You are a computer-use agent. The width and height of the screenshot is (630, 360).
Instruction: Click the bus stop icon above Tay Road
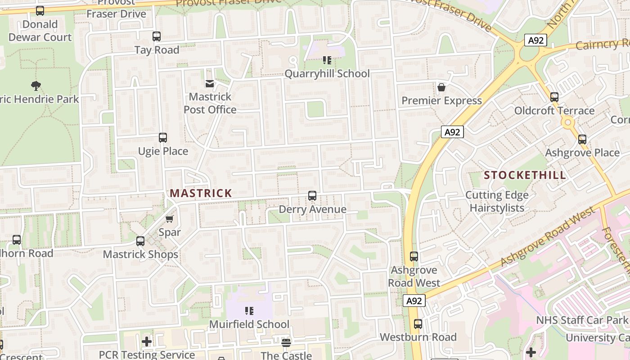click(x=157, y=36)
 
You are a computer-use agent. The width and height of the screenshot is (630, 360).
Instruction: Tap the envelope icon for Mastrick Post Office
click(x=210, y=83)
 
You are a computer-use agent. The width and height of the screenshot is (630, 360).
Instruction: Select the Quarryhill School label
click(x=327, y=73)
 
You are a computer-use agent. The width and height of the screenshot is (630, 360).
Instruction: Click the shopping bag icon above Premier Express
click(x=441, y=87)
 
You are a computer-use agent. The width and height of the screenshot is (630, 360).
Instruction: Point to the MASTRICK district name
click(x=201, y=193)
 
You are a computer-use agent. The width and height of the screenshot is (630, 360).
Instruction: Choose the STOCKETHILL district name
click(x=525, y=175)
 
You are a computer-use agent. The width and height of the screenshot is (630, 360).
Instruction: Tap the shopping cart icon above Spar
click(x=170, y=219)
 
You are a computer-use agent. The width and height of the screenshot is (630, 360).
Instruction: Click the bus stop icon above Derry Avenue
click(x=312, y=196)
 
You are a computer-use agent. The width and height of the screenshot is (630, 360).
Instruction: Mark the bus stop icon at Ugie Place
click(x=163, y=138)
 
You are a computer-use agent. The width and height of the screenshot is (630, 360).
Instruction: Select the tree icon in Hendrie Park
click(x=36, y=85)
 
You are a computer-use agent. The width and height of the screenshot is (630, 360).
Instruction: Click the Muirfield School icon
click(x=249, y=311)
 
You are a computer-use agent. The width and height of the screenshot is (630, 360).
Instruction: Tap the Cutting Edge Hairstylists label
click(x=497, y=201)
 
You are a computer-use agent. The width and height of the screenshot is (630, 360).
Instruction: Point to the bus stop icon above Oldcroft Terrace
click(x=554, y=97)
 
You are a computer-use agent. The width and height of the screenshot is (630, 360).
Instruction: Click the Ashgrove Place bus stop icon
click(x=582, y=139)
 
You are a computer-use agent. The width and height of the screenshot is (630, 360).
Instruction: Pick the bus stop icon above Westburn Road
click(x=418, y=324)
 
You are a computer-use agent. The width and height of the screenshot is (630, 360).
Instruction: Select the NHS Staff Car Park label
click(x=582, y=320)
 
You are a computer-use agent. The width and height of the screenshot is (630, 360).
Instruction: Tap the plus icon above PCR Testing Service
click(x=147, y=342)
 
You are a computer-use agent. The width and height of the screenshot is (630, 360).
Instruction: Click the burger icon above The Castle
click(x=286, y=343)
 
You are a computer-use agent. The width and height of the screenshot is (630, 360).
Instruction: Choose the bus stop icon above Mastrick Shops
click(x=140, y=241)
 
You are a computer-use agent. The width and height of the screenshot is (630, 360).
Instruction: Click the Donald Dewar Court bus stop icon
click(x=40, y=11)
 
